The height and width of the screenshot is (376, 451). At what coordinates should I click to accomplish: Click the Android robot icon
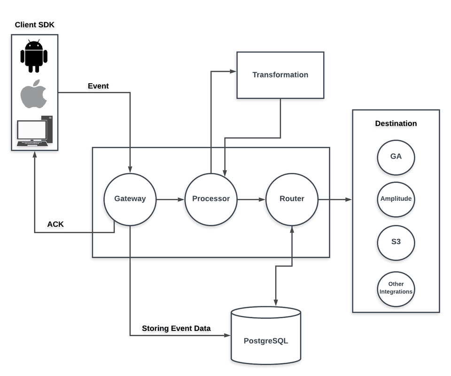coord(34,56)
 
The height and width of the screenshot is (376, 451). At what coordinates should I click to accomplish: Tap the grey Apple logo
coord(34,94)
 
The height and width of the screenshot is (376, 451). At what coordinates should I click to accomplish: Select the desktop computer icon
coord(34,131)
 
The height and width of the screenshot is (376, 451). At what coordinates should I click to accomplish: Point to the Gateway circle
coord(130,199)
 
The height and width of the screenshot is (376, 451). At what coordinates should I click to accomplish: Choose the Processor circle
coord(211,199)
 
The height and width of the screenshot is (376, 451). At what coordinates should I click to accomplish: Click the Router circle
coord(292,199)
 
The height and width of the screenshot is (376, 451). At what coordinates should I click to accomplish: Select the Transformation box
coord(280,75)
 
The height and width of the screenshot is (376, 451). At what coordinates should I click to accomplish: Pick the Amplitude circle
coord(396,199)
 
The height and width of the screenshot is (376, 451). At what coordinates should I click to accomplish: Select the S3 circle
coord(396,243)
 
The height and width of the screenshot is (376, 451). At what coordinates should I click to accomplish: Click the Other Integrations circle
coord(396,288)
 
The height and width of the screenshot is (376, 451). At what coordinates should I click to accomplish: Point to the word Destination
coord(396,124)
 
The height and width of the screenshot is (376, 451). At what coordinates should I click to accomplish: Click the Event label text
coord(98,86)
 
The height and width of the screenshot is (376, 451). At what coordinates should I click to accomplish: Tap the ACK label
coord(55,224)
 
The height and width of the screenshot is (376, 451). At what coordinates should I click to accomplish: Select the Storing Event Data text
coord(176,328)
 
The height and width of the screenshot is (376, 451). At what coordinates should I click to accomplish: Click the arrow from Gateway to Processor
coord(170,199)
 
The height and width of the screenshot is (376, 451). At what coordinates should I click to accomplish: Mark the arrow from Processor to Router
coord(251,199)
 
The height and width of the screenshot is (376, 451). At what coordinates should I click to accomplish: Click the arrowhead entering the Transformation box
coord(233,71)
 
